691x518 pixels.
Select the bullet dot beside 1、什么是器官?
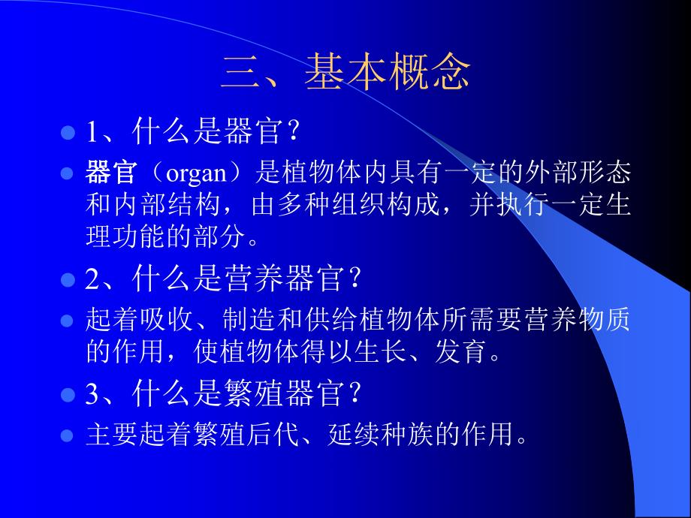pyautogui.click(x=67, y=133)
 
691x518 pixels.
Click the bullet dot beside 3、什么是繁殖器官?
pyautogui.click(x=67, y=393)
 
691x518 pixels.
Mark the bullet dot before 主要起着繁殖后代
pyautogui.click(x=67, y=433)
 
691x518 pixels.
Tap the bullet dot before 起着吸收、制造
pyautogui.click(x=67, y=321)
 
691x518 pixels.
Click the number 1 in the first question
pyautogui.click(x=92, y=134)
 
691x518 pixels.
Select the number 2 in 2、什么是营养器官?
pyautogui.click(x=92, y=281)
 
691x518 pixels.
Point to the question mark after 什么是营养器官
pyautogui.click(x=357, y=281)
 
